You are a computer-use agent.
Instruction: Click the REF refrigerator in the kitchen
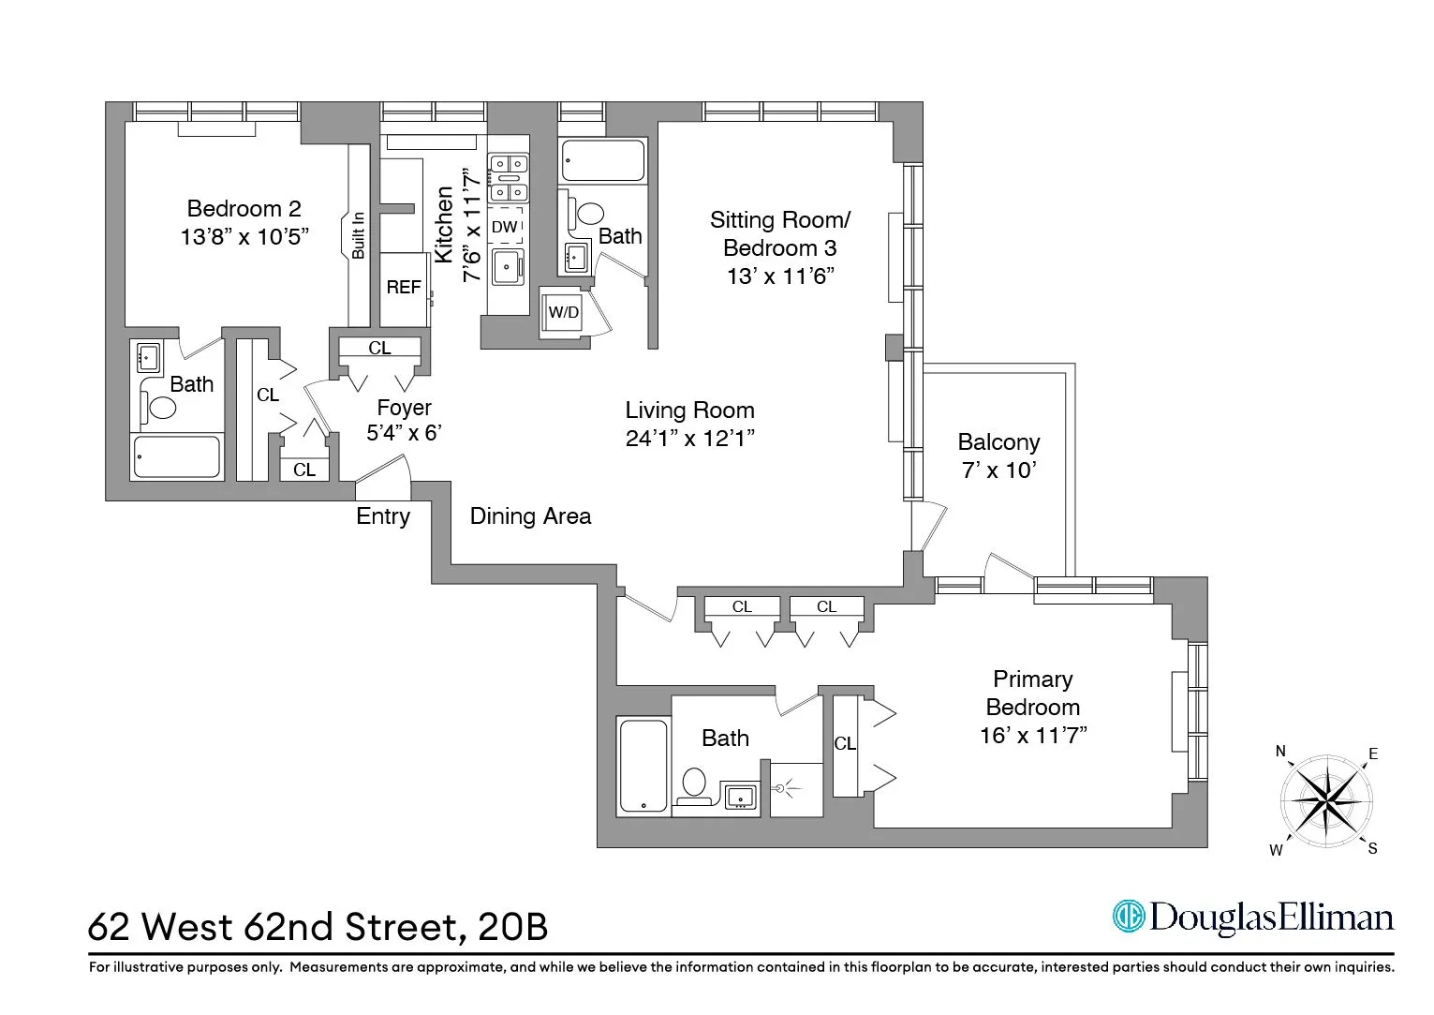404,288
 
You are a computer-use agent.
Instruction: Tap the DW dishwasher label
504,227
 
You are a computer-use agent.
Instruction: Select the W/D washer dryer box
563,312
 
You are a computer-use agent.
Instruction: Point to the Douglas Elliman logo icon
1129,916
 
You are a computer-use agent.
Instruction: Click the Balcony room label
998,441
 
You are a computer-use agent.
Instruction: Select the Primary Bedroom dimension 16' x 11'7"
1033,736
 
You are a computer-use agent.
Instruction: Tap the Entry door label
383,516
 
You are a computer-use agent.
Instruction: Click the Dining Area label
530,516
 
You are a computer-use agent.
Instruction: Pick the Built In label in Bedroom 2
359,235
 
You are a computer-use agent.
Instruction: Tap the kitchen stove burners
508,178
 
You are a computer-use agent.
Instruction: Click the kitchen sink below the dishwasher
508,267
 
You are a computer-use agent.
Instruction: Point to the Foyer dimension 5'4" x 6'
404,433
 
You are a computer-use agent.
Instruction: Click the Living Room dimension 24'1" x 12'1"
690,439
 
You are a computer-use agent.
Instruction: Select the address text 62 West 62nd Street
276,927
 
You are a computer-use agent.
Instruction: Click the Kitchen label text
445,225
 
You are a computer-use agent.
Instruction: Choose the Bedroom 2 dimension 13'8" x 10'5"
244,236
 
